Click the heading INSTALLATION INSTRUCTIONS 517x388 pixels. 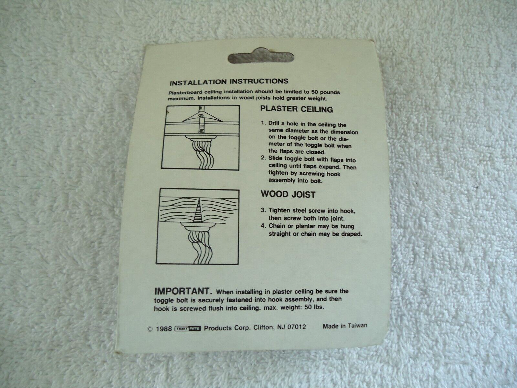tap(229, 82)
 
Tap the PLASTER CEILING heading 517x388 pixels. tap(297, 109)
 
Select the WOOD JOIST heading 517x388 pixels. tap(288, 194)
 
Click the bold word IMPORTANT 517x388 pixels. tap(183, 291)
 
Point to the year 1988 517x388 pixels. tap(164, 329)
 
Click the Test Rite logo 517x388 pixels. tap(188, 329)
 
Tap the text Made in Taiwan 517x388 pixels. tap(345, 326)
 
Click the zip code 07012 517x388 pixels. tap(297, 327)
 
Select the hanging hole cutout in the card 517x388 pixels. tap(261, 56)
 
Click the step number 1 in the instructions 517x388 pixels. tap(264, 123)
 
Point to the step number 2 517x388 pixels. tap(263, 158)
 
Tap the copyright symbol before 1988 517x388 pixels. tap(150, 329)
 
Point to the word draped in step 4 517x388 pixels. tap(352, 234)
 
